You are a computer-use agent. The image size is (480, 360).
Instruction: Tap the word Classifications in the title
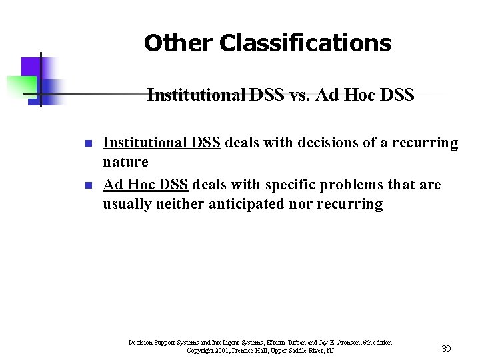[305, 43]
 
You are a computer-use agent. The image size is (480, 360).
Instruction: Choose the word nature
[125, 162]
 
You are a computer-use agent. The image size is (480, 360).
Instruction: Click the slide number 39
[446, 349]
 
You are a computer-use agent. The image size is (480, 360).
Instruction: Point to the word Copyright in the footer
[199, 351]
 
